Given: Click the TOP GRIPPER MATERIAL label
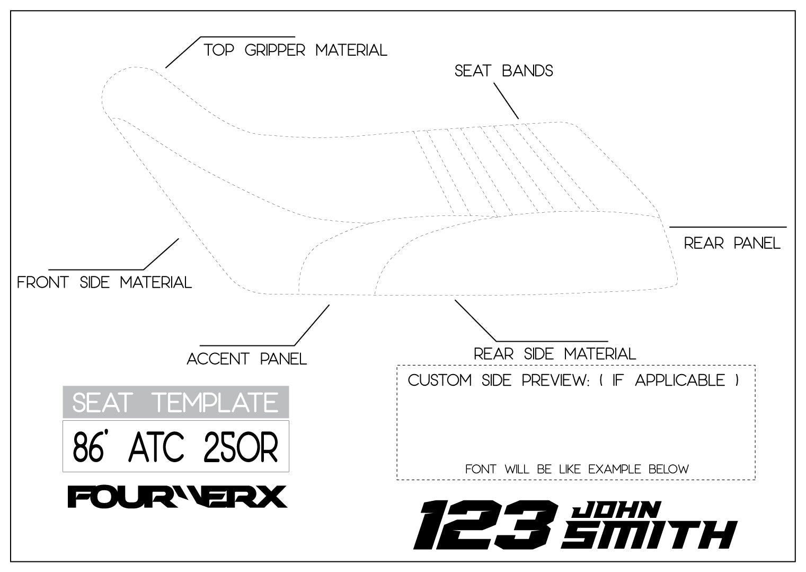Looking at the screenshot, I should coord(295,50).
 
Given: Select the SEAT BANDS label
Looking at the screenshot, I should coord(503,71).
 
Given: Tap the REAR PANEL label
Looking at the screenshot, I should coord(732,244).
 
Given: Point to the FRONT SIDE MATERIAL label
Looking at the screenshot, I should coord(104,282).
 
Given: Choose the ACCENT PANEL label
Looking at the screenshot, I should coord(247,359).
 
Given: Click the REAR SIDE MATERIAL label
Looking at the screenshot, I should coord(554,354).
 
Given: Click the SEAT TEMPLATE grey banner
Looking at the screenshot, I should coord(175,402).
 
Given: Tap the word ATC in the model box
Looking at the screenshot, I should coord(156,447).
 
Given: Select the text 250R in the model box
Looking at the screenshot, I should coord(241,447).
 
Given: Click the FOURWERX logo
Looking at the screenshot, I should coord(177,497).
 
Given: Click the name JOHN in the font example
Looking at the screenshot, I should coord(616,509).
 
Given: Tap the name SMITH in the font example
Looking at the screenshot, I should coord(649,534).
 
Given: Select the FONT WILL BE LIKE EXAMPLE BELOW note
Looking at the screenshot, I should coord(577,470).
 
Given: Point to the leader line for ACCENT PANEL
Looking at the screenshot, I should coord(312,325).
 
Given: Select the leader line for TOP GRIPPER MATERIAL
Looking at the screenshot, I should coord(183,53).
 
